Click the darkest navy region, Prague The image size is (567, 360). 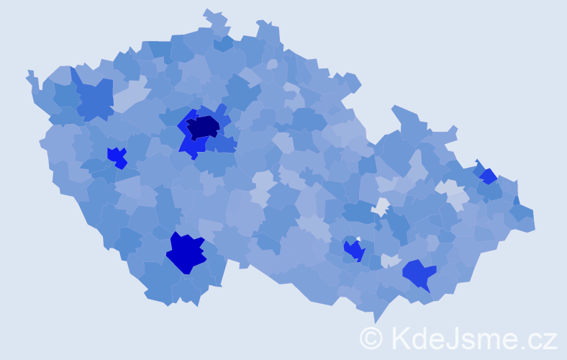click(203, 127)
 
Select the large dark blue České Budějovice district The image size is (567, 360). click(186, 253)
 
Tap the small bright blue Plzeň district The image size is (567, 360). click(117, 156)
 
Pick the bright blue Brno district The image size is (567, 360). click(354, 251)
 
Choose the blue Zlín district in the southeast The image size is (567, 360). click(419, 274)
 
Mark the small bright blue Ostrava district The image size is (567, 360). click(488, 176)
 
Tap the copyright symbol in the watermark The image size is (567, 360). click(371, 338)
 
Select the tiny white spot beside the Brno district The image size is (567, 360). click(358, 240)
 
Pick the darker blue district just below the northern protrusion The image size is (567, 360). click(223, 43)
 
